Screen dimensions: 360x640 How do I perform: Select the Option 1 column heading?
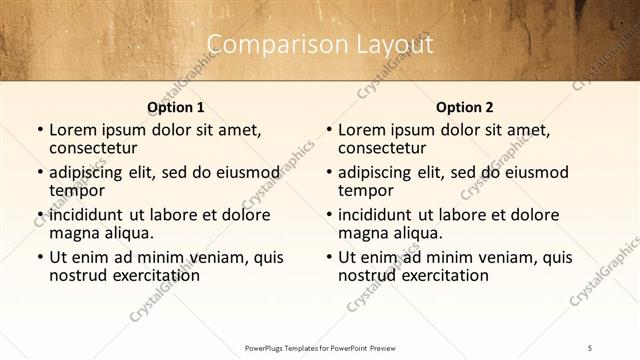pyautogui.click(x=176, y=106)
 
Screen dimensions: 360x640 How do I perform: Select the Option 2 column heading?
pyautogui.click(x=465, y=106)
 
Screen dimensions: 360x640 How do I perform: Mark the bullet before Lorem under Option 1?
pyautogui.click(x=39, y=130)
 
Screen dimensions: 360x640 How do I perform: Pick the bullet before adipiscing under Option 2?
pyautogui.click(x=328, y=173)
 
